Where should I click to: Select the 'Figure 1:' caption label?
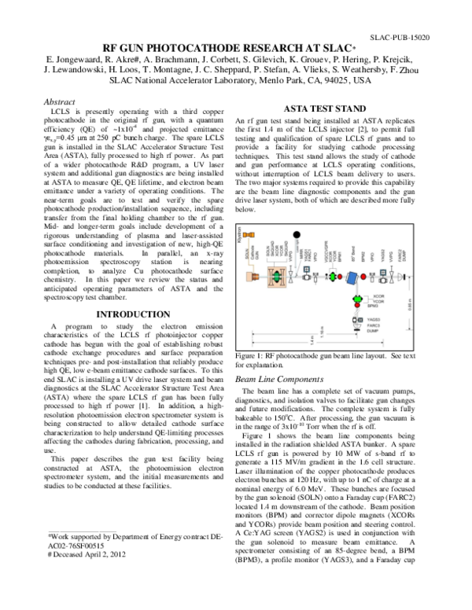tap(253, 356)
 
